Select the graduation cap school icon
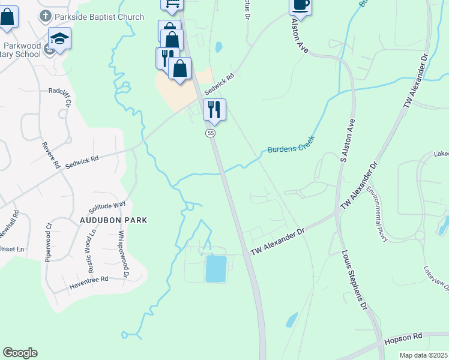(x=59, y=39)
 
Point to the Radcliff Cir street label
(x=65, y=100)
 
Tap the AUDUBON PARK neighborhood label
(x=113, y=220)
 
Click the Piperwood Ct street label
(x=48, y=243)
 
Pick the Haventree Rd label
(x=88, y=280)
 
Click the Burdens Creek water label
(x=291, y=144)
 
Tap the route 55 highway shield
(x=210, y=133)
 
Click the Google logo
(x=20, y=353)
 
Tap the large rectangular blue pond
(x=216, y=268)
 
